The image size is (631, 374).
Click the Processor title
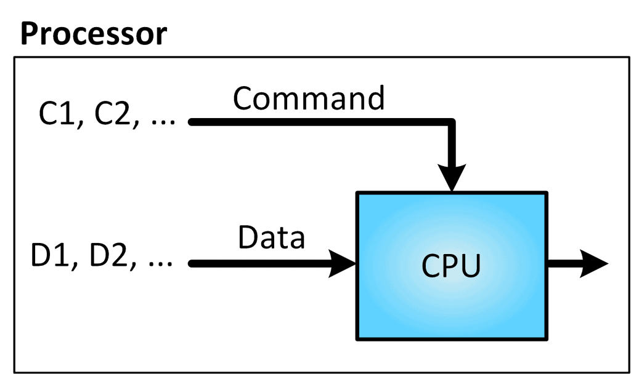94,34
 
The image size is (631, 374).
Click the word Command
309,98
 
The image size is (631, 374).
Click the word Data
271,237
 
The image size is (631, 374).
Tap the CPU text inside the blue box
450,266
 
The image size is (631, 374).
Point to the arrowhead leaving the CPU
595,264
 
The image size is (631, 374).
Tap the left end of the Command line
192,122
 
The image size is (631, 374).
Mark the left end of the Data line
192,264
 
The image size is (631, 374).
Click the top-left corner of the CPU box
357,194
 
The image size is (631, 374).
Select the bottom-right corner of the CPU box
546,339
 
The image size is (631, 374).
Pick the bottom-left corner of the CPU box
357,339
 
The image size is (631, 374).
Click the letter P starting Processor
28,34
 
